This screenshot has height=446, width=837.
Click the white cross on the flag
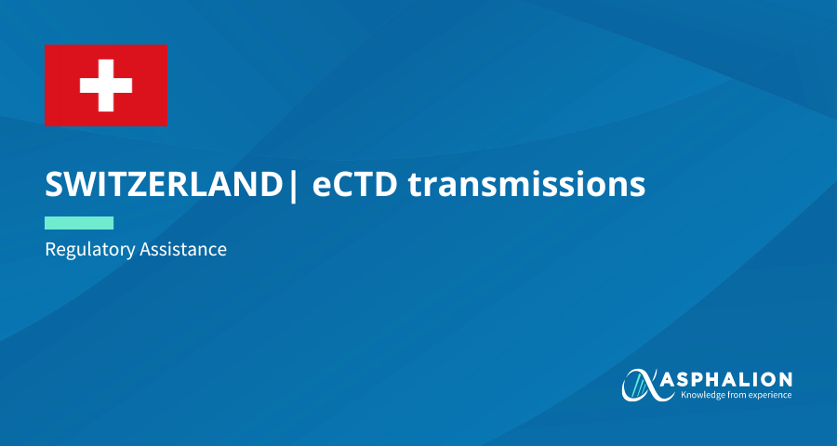click(x=106, y=85)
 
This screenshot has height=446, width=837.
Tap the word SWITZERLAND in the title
click(x=164, y=185)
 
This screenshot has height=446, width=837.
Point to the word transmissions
click(x=527, y=185)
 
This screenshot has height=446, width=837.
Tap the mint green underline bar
click(x=79, y=223)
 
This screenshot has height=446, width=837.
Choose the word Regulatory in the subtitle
click(x=89, y=250)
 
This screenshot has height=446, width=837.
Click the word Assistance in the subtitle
click(x=183, y=249)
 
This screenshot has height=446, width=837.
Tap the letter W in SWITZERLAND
click(x=81, y=185)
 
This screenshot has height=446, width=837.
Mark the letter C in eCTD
click(x=344, y=185)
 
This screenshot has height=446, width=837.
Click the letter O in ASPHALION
click(x=764, y=380)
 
